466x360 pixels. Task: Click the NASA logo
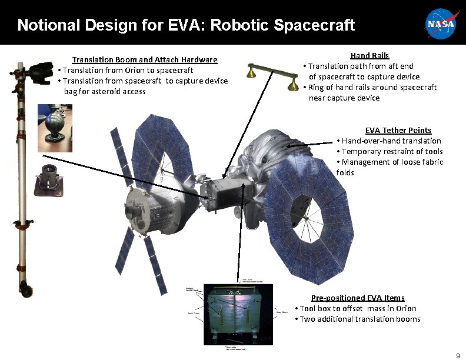[441, 24]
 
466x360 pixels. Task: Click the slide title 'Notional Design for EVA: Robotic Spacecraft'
[186, 25]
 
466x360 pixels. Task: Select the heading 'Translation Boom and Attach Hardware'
[144, 59]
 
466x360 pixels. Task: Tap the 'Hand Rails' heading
[370, 55]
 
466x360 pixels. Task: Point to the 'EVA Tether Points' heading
[398, 130]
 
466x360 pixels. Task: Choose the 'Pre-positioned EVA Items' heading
[358, 298]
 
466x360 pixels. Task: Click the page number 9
[458, 355]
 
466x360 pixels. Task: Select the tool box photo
[234, 316]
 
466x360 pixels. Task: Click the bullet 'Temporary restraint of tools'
[390, 151]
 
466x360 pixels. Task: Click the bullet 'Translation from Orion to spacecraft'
[126, 70]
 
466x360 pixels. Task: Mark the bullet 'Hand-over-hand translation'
[388, 141]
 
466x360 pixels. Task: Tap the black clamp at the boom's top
[39, 72]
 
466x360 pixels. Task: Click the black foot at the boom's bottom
[27, 289]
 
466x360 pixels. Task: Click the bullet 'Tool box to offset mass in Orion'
[357, 308]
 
